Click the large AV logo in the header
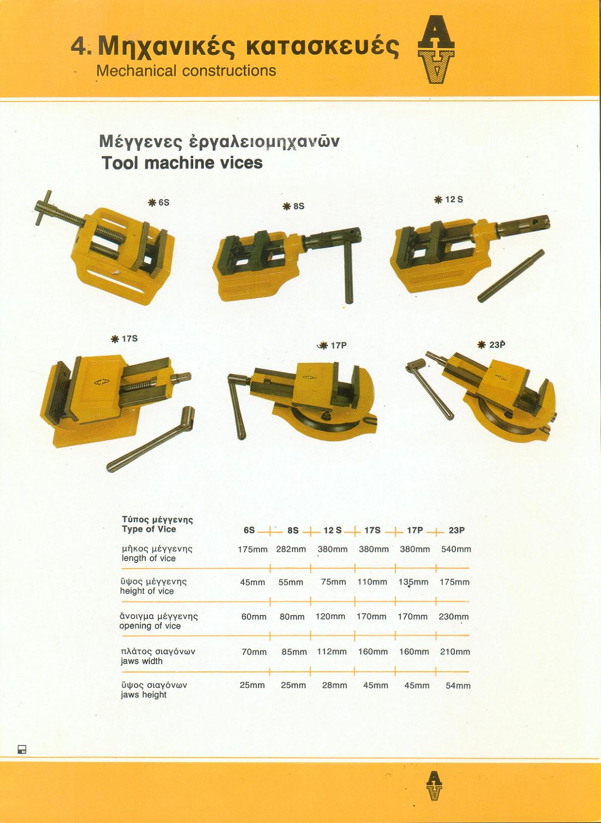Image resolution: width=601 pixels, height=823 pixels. pos(436,49)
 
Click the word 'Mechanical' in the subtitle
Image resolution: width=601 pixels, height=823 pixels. pos(137,71)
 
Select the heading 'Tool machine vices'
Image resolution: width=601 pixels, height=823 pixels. pos(182,163)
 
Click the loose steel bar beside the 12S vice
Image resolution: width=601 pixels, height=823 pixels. pos(511,276)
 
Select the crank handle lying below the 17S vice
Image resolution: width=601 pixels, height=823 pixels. pos(151,439)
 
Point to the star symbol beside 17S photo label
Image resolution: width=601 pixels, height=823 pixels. pos(115,339)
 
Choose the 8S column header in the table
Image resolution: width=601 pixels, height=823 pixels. pos(293,530)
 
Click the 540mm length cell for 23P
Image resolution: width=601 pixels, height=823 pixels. pos(456,549)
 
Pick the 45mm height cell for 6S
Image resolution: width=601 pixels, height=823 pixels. pos(253,582)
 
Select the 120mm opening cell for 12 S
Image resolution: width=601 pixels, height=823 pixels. pos(330,617)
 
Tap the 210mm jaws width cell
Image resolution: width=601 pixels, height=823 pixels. pos(455,652)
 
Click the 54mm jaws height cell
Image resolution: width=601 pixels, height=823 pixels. pos(458,686)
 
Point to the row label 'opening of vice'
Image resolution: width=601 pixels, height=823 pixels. pos(150,626)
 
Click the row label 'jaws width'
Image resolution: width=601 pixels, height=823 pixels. pos(142,661)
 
